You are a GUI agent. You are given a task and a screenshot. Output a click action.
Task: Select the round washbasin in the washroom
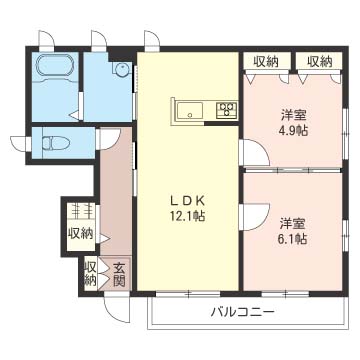[x=121, y=70]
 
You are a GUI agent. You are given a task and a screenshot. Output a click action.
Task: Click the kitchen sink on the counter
[x=191, y=111]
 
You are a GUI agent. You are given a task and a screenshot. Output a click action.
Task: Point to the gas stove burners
[x=225, y=109]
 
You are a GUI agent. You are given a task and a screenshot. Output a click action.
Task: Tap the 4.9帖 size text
[x=293, y=130]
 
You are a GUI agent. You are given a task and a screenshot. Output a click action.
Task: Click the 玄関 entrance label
[x=118, y=272]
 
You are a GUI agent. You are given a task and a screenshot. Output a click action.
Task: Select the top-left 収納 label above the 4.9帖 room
[x=266, y=61]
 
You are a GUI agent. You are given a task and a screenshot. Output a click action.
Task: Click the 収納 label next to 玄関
[x=91, y=272]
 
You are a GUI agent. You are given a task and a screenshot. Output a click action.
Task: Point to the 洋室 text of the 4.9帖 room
[x=293, y=114]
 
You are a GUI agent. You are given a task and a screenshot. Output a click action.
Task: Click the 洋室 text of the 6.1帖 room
[x=293, y=222]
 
